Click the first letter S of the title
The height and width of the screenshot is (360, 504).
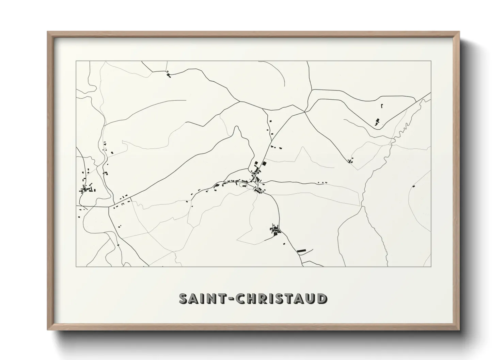(183, 298)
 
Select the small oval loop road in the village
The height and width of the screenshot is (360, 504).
(243, 185)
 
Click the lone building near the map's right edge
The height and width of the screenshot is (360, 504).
(413, 186)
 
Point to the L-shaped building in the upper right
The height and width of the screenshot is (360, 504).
(382, 106)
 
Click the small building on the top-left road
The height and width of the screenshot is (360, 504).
(168, 74)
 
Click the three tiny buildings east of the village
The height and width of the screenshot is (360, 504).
(322, 183)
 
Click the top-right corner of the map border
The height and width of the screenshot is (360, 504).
(431, 61)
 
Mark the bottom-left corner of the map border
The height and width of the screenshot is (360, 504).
(76, 266)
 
